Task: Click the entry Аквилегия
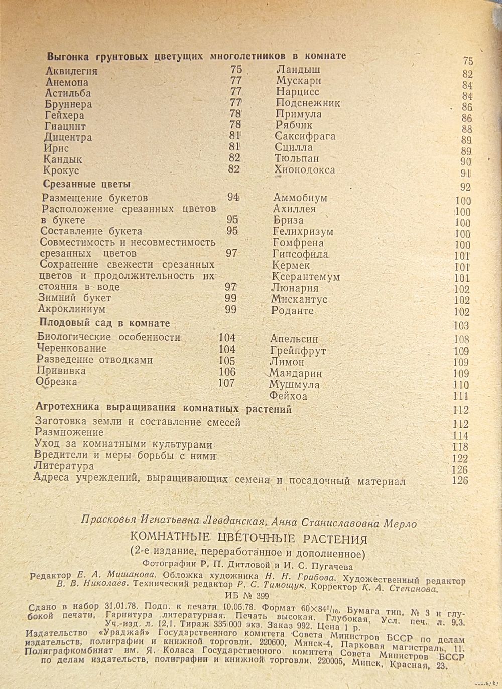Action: click(x=71, y=71)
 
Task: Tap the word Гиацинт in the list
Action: click(x=65, y=126)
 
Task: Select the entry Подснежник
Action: click(x=308, y=103)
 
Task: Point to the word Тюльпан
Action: click(x=297, y=158)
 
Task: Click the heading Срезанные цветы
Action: click(x=87, y=184)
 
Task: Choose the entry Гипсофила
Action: click(x=300, y=254)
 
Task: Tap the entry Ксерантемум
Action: click(x=306, y=277)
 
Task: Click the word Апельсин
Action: click(x=294, y=339)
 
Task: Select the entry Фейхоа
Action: click(x=288, y=396)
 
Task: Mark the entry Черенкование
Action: click(x=71, y=348)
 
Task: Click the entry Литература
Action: click(x=64, y=466)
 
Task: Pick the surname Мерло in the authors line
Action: click(x=400, y=523)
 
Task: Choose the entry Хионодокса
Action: click(x=305, y=170)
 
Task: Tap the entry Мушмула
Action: click(x=294, y=385)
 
